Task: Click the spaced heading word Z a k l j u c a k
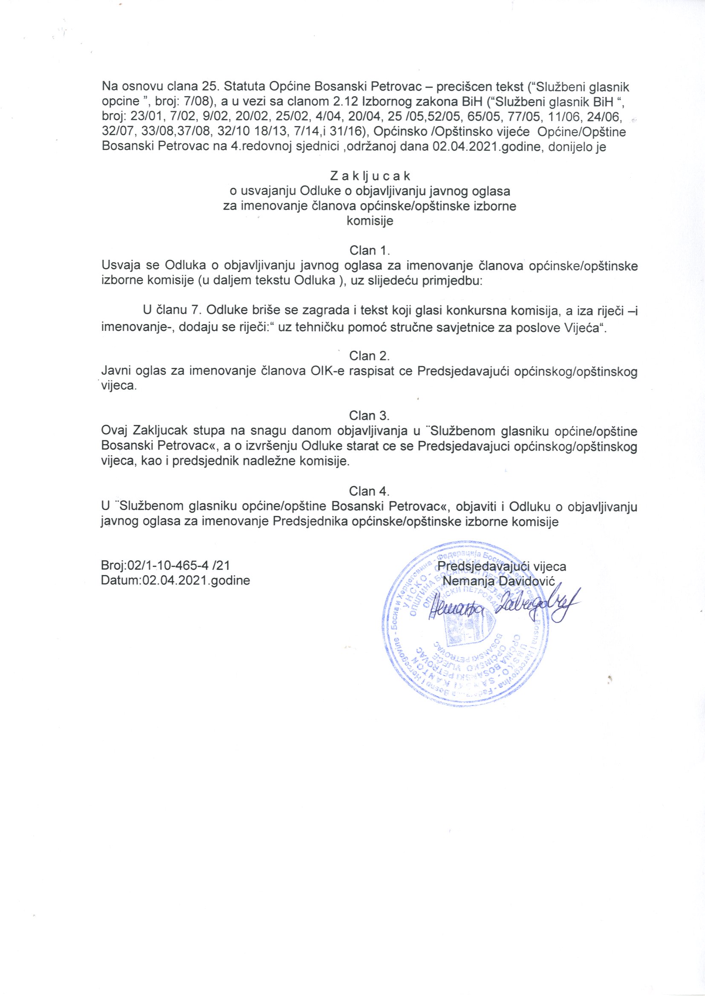coord(370,176)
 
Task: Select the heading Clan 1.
coord(370,250)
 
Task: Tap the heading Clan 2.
coord(370,356)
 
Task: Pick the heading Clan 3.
coord(370,416)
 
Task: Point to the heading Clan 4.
coord(370,491)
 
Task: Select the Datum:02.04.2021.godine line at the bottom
coord(175,580)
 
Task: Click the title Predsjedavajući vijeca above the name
coord(502,566)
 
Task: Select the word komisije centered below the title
coord(370,221)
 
